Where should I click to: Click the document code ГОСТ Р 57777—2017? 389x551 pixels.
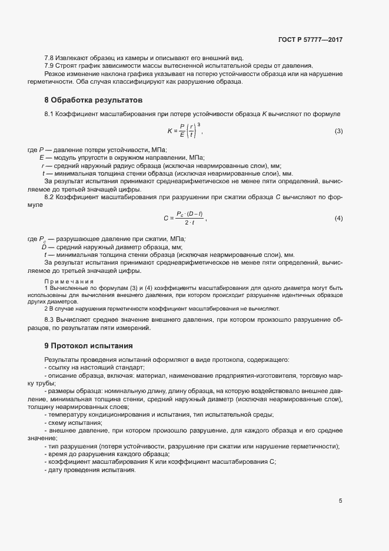pyautogui.click(x=310, y=40)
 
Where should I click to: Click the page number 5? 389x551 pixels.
pyautogui.click(x=340, y=501)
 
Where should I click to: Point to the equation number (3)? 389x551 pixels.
pyautogui.click(x=338, y=130)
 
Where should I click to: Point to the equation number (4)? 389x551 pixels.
pyautogui.click(x=338, y=219)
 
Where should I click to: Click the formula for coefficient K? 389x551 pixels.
pyautogui.click(x=183, y=130)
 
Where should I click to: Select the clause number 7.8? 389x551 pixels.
pyautogui.click(x=49, y=57)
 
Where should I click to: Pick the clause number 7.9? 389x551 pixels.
pyautogui.click(x=49, y=65)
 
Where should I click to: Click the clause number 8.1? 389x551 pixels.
pyautogui.click(x=49, y=112)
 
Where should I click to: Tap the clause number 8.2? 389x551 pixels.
pyautogui.click(x=49, y=195)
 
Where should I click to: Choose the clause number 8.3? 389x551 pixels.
pyautogui.click(x=49, y=319)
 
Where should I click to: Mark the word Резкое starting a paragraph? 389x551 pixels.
pyautogui.click(x=55, y=73)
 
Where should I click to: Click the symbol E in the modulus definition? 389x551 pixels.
pyautogui.click(x=42, y=158)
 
